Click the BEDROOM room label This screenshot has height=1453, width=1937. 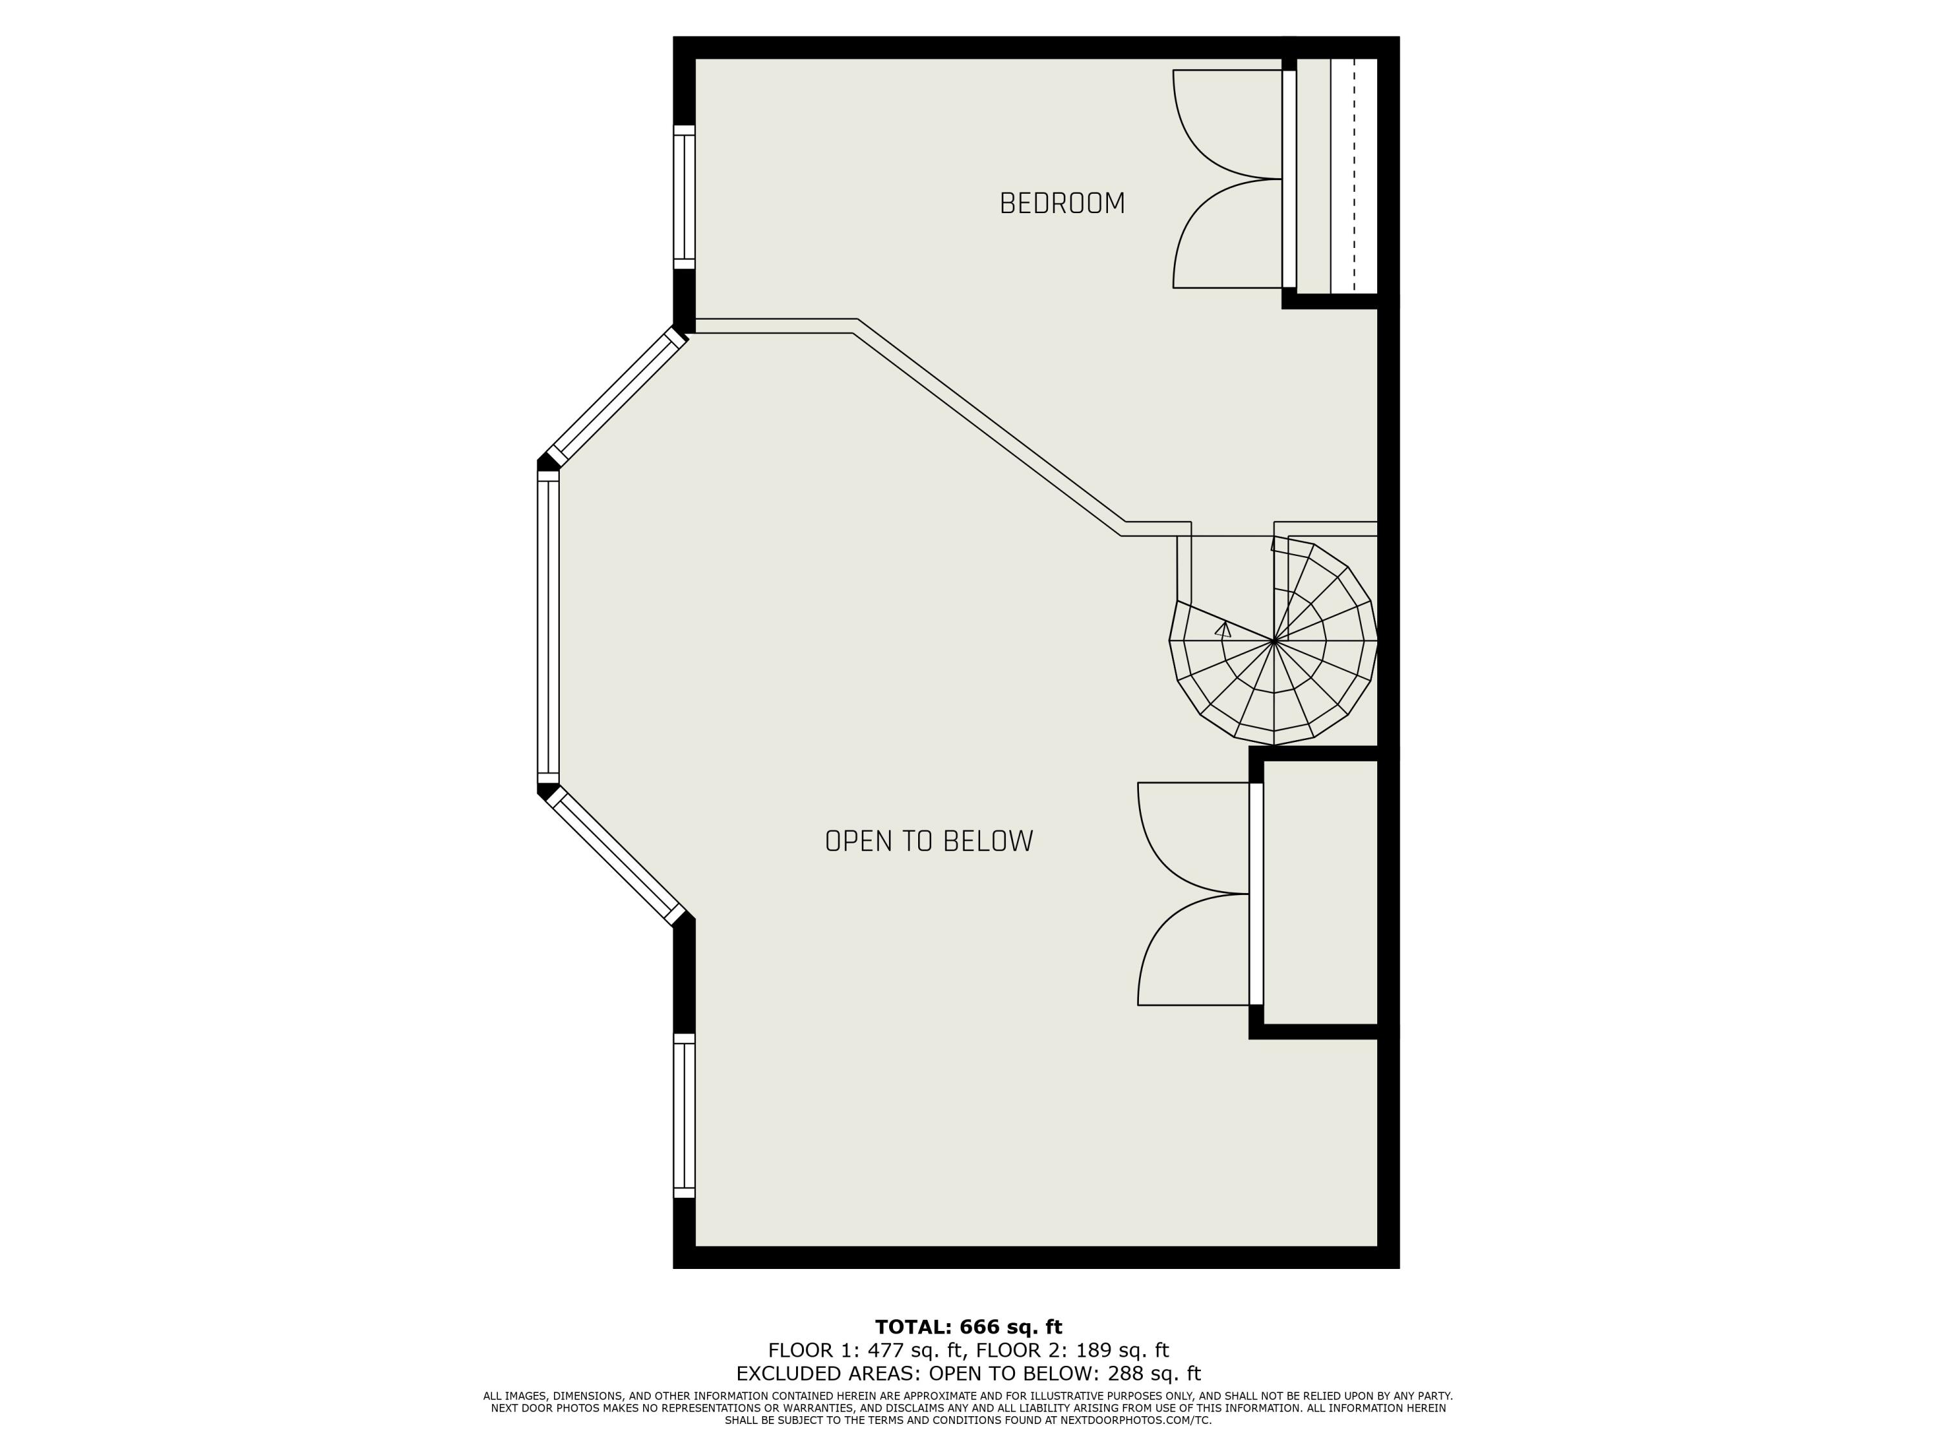[1061, 203]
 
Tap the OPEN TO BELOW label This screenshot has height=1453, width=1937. [928, 841]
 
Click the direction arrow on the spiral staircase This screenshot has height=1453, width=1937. [1224, 629]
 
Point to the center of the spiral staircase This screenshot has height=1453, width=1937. [1273, 641]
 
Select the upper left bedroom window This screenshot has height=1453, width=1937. [684, 196]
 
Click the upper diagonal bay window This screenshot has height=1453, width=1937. [615, 397]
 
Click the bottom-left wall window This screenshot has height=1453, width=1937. [684, 1115]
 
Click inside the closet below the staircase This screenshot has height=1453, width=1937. [1320, 892]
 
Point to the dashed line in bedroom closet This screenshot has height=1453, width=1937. [1354, 175]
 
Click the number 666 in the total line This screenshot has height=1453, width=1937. [979, 1327]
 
